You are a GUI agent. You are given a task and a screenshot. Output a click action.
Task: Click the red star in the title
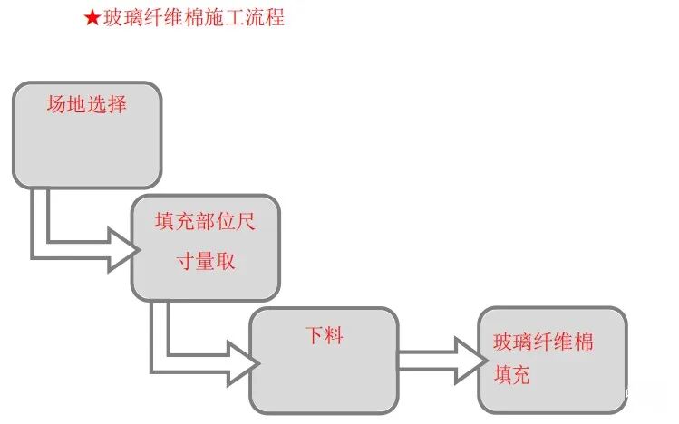92,18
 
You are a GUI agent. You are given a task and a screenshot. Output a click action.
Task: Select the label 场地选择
86,104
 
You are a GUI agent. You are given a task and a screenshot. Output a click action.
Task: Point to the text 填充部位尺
205,222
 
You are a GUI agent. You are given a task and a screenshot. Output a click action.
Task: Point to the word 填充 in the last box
512,375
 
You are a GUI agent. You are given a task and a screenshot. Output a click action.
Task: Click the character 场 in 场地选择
56,104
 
